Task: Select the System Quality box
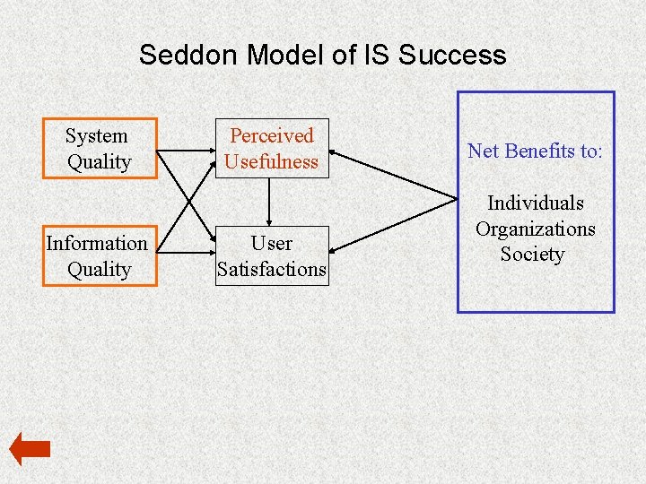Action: (100, 149)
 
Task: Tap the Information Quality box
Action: (100, 256)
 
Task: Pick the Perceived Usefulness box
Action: (272, 149)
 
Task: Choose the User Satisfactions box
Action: (272, 256)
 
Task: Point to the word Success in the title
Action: (452, 56)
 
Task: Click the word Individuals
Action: (535, 203)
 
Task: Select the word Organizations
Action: (535, 229)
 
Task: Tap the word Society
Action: (532, 254)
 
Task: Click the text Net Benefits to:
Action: (535, 151)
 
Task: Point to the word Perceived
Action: (272, 136)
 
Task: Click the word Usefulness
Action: (272, 162)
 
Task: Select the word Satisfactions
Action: (272, 269)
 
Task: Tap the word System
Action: (97, 136)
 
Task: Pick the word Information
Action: (97, 244)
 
